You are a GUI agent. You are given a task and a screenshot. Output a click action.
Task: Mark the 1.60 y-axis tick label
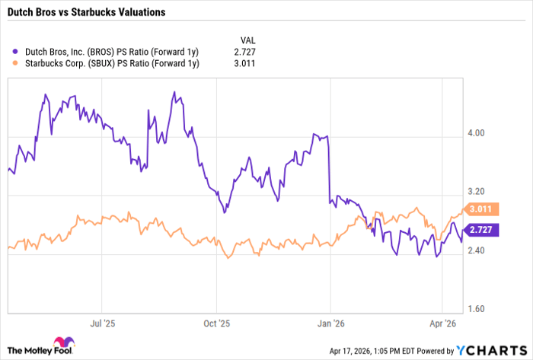(476, 309)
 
